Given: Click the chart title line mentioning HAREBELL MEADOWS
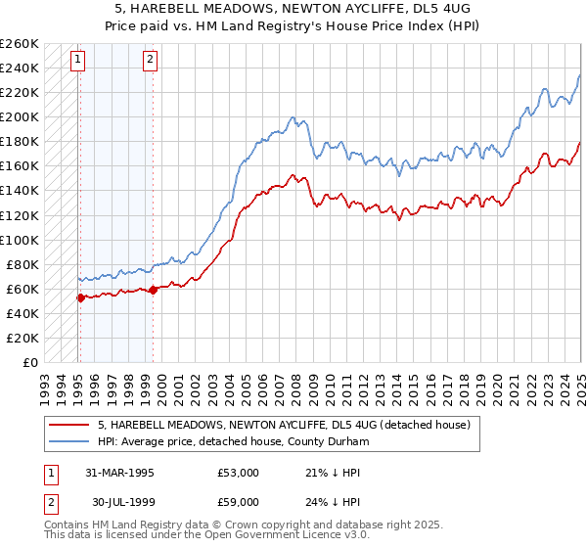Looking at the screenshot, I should coord(293,8).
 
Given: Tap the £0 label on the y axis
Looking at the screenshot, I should coord(30,362).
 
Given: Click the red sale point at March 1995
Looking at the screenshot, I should coord(80,297).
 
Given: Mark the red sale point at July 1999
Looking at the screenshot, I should coord(154,290).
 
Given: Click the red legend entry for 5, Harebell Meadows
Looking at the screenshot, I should coord(284,425).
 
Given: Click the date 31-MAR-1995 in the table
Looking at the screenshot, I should coord(119,473).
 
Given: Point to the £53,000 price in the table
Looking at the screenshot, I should coord(238,473).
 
